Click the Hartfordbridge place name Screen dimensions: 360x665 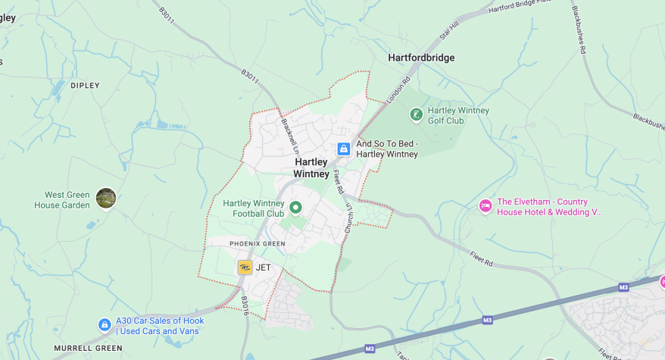pyautogui.click(x=422, y=58)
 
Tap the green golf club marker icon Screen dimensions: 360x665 pyautogui.click(x=416, y=114)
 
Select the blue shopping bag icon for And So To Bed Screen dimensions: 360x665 pyautogui.click(x=343, y=149)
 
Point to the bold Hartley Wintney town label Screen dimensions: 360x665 pyautogui.click(x=311, y=167)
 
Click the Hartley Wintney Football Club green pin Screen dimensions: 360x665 pyautogui.click(x=296, y=207)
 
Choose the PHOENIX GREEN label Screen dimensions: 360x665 pyautogui.click(x=257, y=243)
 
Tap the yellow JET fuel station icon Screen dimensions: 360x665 pyautogui.click(x=245, y=268)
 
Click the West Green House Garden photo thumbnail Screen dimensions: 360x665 pyautogui.click(x=106, y=199)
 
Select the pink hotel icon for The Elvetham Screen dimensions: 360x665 pyautogui.click(x=485, y=205)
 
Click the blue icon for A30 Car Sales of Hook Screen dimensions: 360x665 pyautogui.click(x=105, y=325)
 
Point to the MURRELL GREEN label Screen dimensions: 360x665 pyautogui.click(x=88, y=349)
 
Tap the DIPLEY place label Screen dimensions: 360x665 pyautogui.click(x=85, y=86)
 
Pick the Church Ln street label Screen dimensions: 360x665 pyautogui.click(x=348, y=217)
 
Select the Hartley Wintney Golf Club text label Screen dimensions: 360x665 pyautogui.click(x=458, y=115)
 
